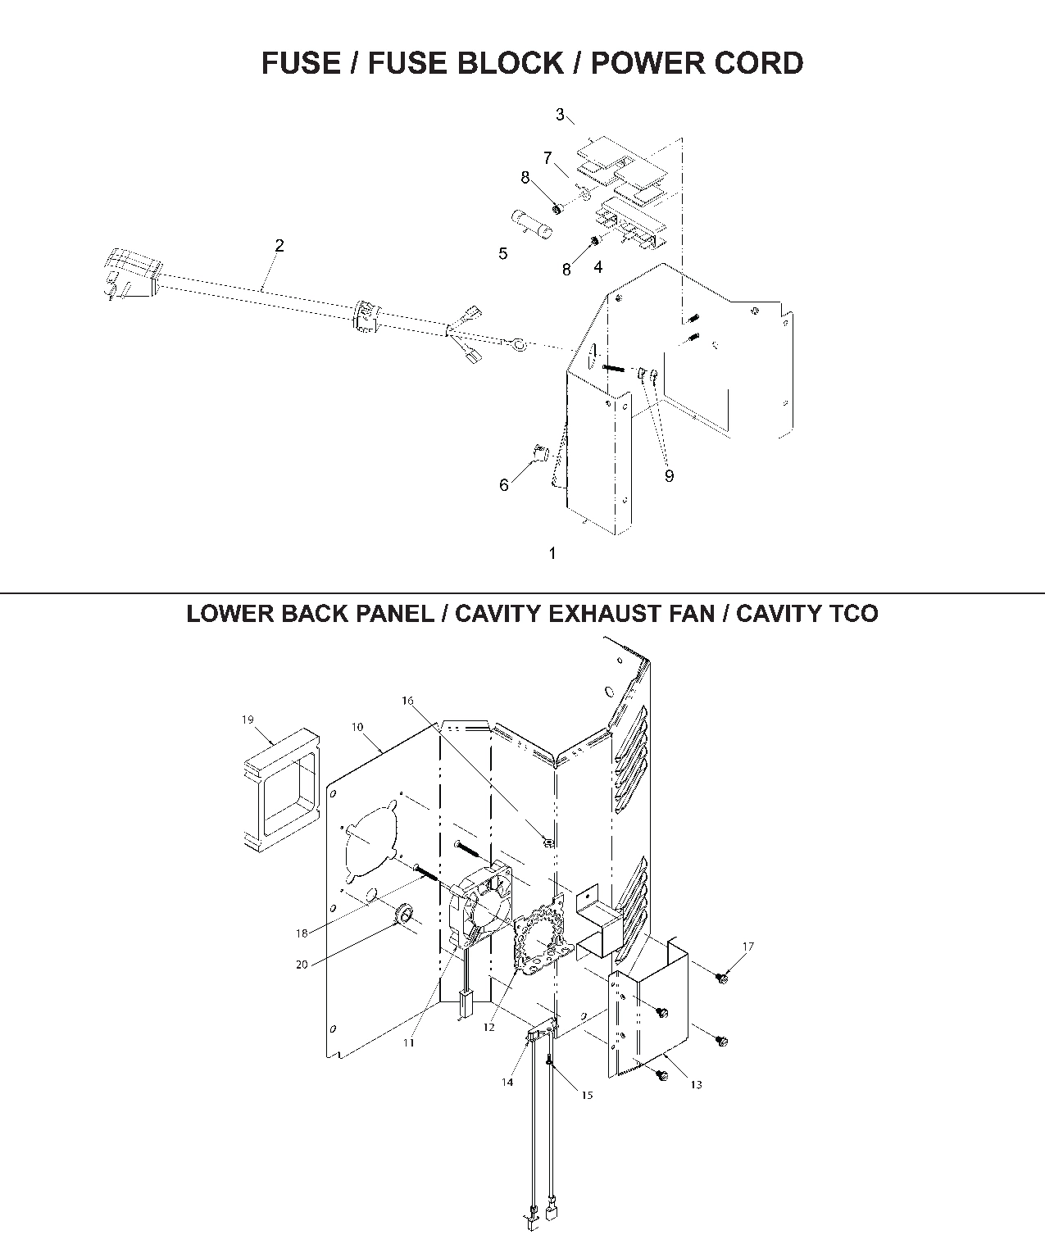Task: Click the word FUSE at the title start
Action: (298, 63)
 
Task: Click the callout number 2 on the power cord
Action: (279, 245)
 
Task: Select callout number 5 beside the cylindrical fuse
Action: (503, 254)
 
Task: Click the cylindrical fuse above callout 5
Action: (531, 224)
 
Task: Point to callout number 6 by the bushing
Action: (504, 485)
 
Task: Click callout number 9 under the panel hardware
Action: (669, 476)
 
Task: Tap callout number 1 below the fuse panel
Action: (552, 553)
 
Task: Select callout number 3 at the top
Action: (560, 115)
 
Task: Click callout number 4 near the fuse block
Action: (598, 267)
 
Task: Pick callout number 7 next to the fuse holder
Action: (547, 157)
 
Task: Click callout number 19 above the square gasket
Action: (248, 720)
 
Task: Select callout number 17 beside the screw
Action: (747, 947)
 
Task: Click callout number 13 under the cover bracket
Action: (696, 1084)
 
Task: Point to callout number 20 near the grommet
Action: (302, 965)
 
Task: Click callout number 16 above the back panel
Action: (408, 701)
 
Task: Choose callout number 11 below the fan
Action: (408, 1042)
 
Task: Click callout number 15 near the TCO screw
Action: (587, 1095)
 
